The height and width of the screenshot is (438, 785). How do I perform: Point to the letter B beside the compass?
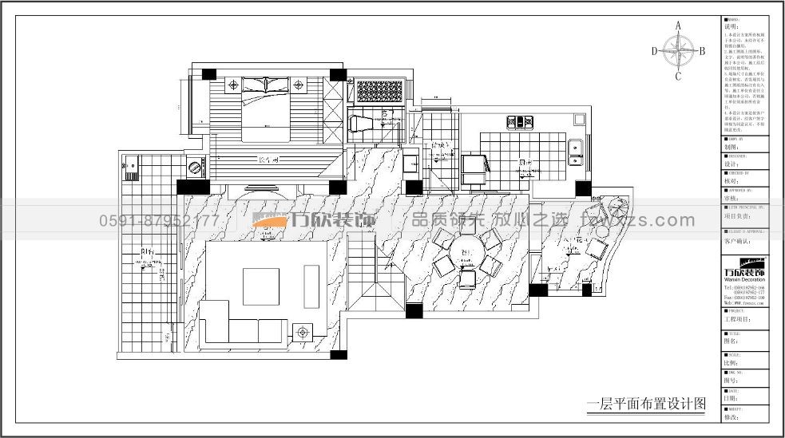point(702,51)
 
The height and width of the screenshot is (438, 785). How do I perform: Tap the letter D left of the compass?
point(654,51)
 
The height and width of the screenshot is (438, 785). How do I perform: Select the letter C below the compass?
point(678,77)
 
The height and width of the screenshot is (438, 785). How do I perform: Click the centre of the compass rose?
point(678,52)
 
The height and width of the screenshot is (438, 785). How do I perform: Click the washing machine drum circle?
point(194,168)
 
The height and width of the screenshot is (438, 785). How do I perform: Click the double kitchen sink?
point(575,150)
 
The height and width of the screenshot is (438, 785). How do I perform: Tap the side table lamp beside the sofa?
point(303,330)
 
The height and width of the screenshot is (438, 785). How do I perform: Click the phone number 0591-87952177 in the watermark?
point(159,220)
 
